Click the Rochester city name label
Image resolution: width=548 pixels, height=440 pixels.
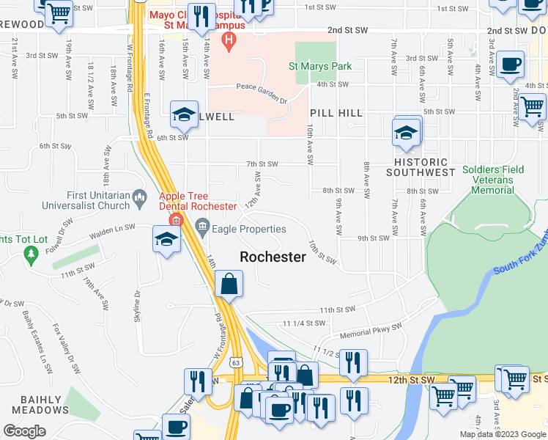click(x=273, y=257)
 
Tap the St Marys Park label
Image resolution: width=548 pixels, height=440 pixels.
click(x=320, y=66)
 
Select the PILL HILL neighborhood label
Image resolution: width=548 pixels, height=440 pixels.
click(x=336, y=112)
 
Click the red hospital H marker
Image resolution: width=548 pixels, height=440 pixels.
click(x=229, y=39)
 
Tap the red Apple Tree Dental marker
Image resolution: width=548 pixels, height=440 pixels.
click(x=175, y=219)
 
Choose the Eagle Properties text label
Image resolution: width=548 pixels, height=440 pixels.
click(x=251, y=229)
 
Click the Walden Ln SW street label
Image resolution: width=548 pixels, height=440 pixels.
click(x=112, y=232)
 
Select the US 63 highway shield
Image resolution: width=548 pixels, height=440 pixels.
click(x=234, y=362)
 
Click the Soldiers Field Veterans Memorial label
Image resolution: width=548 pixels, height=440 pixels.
click(x=493, y=180)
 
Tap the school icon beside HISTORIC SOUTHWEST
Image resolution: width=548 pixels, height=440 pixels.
click(x=404, y=133)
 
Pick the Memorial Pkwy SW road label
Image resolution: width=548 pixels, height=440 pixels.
click(x=371, y=331)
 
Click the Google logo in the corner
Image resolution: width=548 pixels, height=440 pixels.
click(x=24, y=431)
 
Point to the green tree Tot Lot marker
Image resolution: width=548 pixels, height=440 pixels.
click(x=31, y=254)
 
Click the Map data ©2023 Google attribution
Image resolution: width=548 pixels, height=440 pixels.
click(x=502, y=434)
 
